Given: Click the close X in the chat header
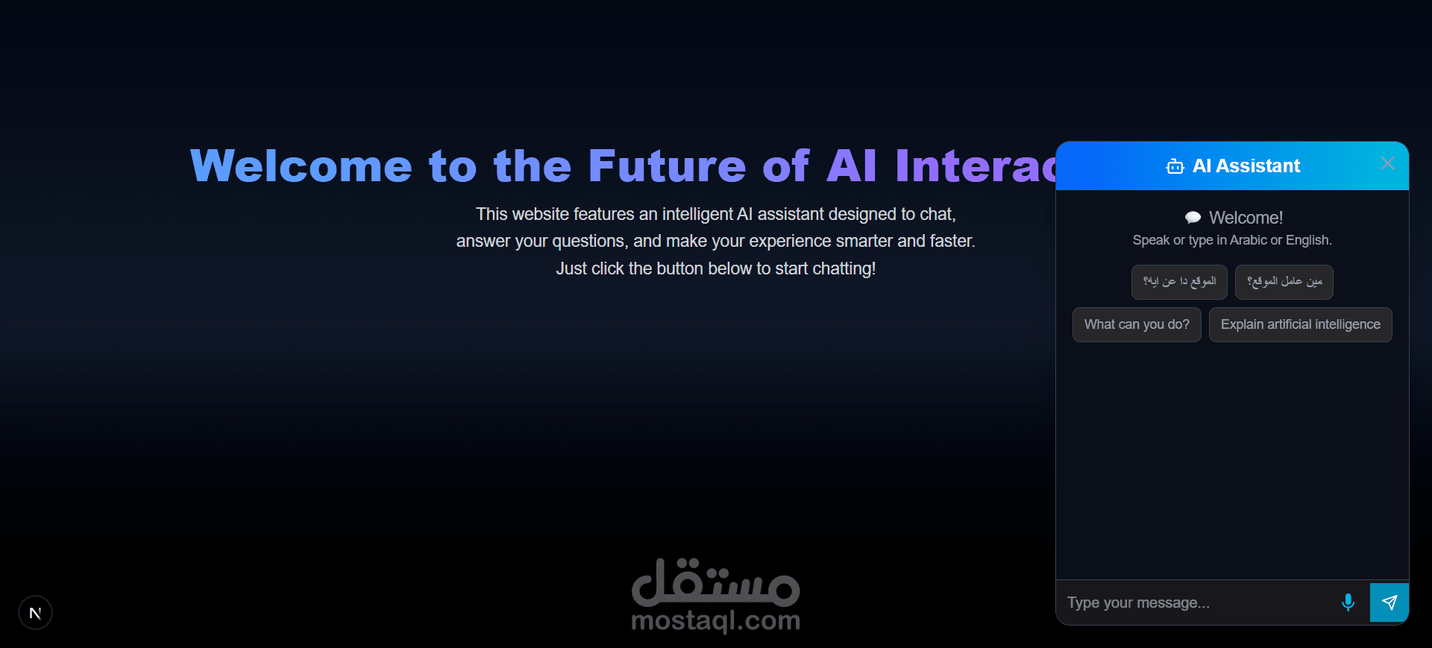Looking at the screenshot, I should click(x=1387, y=163).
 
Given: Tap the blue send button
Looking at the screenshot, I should click(x=1389, y=603).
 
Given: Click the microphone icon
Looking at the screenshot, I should click(x=1348, y=603).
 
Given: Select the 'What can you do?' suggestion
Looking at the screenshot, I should click(x=1137, y=324).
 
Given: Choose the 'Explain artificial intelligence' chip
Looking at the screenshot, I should click(x=1300, y=324).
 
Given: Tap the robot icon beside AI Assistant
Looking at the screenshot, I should click(x=1175, y=166).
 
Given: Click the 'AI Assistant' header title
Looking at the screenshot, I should click(x=1246, y=166).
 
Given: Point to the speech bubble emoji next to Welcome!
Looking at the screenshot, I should click(x=1193, y=218).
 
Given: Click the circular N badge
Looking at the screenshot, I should click(x=35, y=613).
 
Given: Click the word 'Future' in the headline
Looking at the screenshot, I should click(x=667, y=166).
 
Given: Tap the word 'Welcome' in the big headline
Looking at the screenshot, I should click(x=301, y=166).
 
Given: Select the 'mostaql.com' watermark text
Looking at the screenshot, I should click(x=715, y=620).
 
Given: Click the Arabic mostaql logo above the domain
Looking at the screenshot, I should click(x=715, y=582).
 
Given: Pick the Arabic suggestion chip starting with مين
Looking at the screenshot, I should click(x=1284, y=282).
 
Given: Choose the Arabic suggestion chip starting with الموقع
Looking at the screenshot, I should click(x=1179, y=282).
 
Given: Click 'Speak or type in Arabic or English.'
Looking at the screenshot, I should click(x=1232, y=240).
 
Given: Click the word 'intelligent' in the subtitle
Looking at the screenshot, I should click(x=697, y=214).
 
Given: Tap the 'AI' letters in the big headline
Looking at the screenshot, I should click(x=851, y=166).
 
